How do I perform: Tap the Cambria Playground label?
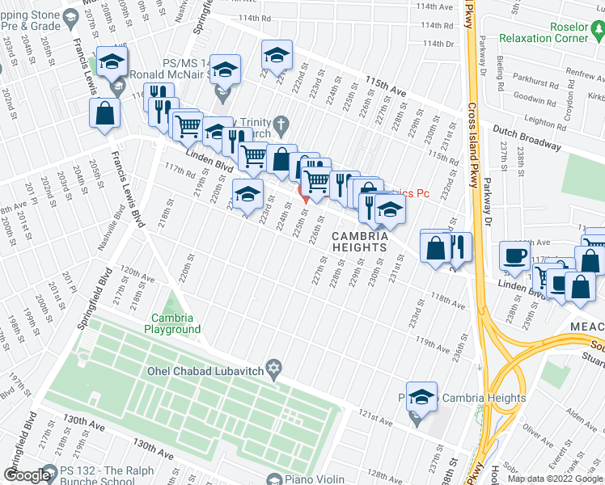(x=172, y=323)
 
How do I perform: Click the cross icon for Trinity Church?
(x=281, y=125)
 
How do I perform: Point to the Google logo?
(x=27, y=475)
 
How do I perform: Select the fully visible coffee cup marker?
(x=514, y=255)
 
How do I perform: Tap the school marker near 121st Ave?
(x=421, y=396)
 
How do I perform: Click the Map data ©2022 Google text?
(x=554, y=479)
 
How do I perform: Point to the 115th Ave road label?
(x=385, y=85)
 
